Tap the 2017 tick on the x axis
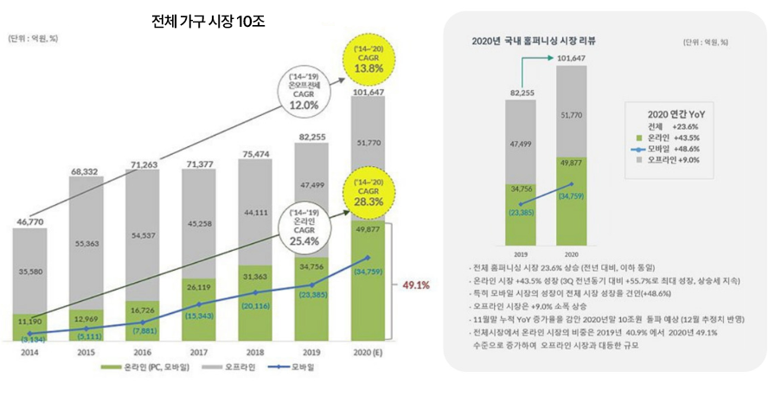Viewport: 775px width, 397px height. click(x=199, y=353)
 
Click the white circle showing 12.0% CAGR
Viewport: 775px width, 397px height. click(x=310, y=93)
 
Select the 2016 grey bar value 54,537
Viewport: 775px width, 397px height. click(x=143, y=234)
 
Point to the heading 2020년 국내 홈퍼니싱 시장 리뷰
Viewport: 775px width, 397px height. click(x=528, y=41)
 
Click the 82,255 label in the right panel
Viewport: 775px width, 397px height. click(x=522, y=93)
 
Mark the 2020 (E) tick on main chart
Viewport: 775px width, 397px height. click(x=369, y=353)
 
